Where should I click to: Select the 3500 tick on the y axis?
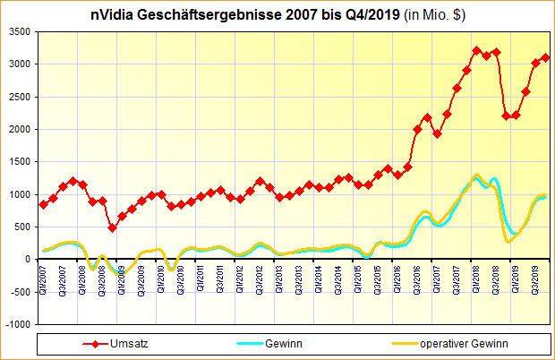click(x=18, y=31)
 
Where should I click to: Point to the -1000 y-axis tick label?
click(x=16, y=324)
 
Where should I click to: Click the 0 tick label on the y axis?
click(x=26, y=259)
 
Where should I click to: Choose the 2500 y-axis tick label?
click(x=18, y=97)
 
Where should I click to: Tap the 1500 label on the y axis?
click(x=18, y=162)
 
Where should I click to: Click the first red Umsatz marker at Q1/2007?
click(x=44, y=204)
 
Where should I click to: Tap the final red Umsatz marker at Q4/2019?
click(x=546, y=57)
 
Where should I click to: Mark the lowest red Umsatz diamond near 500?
click(x=113, y=227)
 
